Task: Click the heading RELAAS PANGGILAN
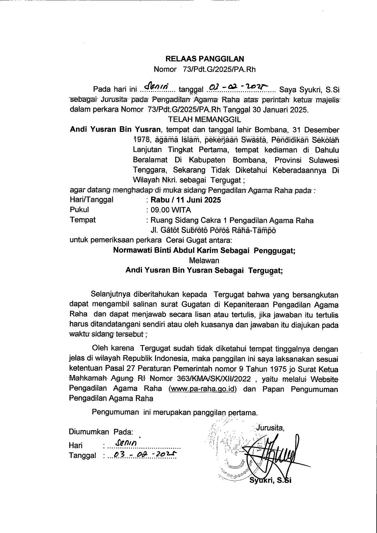pos(205,59)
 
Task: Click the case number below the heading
pos(205,70)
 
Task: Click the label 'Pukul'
pos(79,210)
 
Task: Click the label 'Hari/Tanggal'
pos(92,200)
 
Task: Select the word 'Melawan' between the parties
pos(204,260)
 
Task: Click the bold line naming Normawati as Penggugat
pos(204,250)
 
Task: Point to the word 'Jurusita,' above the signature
pos(270,428)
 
